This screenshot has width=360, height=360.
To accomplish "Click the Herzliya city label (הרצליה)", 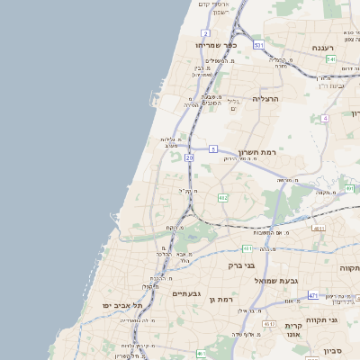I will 267,98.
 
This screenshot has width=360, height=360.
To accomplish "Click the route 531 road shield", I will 258,44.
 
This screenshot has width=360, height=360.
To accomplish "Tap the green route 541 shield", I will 331,59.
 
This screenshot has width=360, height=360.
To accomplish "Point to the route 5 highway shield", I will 214,148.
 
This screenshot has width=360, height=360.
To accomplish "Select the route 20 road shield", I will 190,158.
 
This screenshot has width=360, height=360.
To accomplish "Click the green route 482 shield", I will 223,197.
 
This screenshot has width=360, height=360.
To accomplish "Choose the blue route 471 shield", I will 313,295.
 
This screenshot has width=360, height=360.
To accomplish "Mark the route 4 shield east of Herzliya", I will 324,118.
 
